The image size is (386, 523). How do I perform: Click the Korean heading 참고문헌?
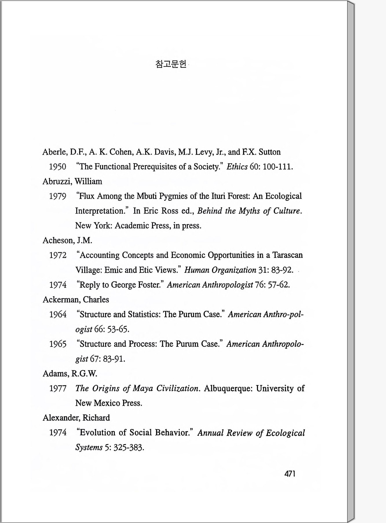tap(171, 64)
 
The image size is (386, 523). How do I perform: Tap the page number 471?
tap(290, 474)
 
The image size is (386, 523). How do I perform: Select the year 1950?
tap(58, 167)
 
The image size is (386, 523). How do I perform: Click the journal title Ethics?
tap(237, 167)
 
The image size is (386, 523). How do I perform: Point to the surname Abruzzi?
tap(57, 182)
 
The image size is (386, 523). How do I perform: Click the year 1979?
tap(58, 196)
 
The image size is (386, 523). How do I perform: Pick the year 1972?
tap(58, 255)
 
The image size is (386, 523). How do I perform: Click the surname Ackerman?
tap(61, 299)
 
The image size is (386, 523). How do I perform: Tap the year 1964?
tap(58, 314)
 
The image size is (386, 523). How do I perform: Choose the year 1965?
tap(58, 344)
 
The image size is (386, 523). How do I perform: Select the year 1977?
tap(58, 388)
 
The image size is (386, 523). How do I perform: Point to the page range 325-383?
tap(129, 448)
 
